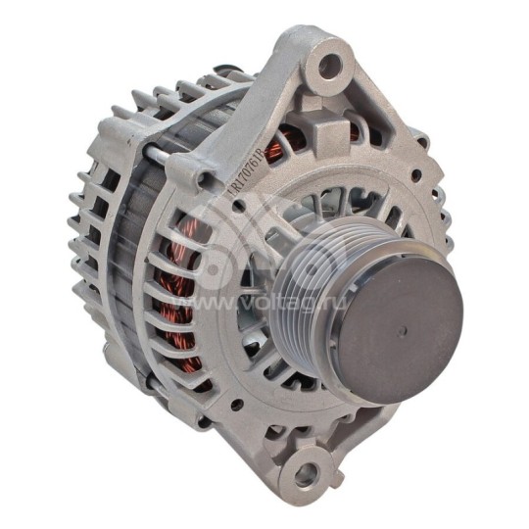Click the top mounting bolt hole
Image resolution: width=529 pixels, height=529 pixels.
(330, 67)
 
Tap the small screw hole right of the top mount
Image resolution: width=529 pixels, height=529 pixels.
(416, 176)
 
